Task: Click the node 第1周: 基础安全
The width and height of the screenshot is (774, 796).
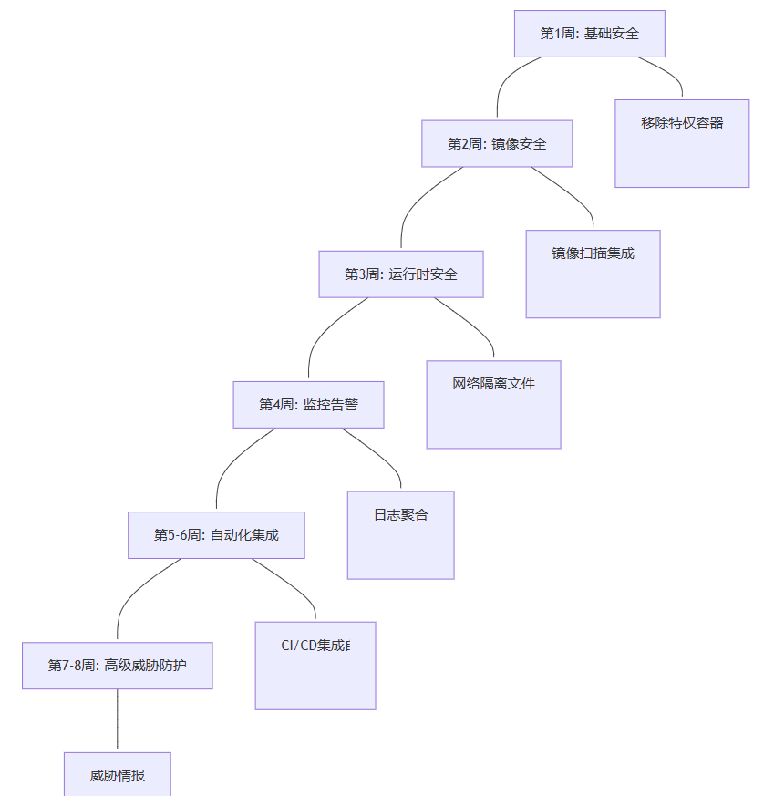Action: tap(589, 34)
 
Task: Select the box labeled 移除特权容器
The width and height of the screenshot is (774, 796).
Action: tap(682, 143)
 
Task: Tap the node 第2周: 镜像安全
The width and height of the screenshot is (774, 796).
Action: tap(497, 144)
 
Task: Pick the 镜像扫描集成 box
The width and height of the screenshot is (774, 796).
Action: tap(593, 274)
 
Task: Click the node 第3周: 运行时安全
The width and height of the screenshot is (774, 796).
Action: tap(400, 274)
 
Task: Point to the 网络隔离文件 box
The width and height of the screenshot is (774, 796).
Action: tap(493, 404)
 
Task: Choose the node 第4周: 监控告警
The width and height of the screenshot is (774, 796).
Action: tap(308, 404)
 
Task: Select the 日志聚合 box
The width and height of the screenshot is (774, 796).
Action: tap(400, 534)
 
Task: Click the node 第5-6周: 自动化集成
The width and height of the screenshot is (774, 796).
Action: tap(216, 534)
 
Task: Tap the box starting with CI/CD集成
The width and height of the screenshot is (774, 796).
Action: tap(315, 665)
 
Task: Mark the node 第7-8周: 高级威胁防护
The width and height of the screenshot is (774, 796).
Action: tap(118, 666)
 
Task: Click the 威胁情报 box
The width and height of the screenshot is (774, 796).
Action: tap(118, 775)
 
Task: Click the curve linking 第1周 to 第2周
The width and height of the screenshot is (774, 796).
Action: tap(507, 78)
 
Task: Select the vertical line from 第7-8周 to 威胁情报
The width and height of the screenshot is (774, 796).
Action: tap(118, 720)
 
